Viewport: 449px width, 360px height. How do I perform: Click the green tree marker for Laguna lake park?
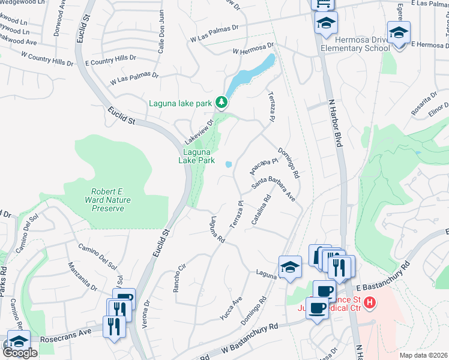coord(222,103)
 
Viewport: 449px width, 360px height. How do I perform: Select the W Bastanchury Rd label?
coord(249,337)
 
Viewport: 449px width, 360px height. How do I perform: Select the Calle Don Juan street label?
coord(161,40)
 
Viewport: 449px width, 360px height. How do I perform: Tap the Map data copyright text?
coord(424,355)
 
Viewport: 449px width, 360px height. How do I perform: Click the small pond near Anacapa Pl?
coord(229,164)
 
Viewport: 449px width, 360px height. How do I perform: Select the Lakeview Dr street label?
coord(199,131)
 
